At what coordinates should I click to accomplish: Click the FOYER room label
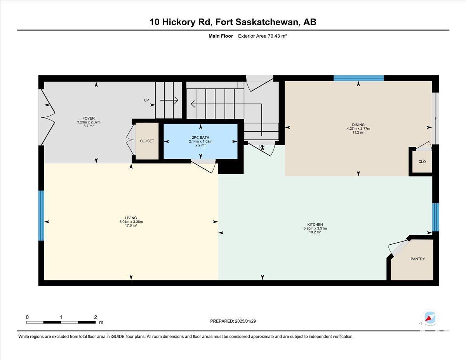click(89, 118)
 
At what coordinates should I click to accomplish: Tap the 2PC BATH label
click(200, 137)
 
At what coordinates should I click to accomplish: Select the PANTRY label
click(417, 259)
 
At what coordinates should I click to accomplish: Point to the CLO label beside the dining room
click(422, 162)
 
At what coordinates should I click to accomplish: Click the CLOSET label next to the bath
click(147, 141)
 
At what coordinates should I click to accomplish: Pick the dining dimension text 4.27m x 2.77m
click(358, 129)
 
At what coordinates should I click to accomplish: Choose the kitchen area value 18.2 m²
click(315, 232)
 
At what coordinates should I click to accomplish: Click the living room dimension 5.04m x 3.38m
click(131, 222)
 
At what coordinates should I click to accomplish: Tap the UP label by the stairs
click(146, 100)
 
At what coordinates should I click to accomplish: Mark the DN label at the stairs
click(262, 146)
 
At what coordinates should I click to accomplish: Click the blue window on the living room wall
click(41, 216)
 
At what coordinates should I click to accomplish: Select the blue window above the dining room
click(358, 78)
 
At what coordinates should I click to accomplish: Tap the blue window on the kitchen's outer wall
click(435, 217)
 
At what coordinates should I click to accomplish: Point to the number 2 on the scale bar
click(96, 317)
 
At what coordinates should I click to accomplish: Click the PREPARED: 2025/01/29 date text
click(233, 321)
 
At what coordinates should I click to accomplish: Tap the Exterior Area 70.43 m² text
click(263, 36)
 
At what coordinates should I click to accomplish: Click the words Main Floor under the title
click(221, 36)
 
